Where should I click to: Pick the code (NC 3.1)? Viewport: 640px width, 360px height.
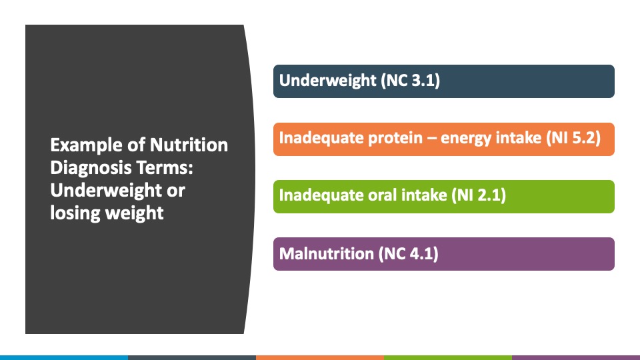(410, 81)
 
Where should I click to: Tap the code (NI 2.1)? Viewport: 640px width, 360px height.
(479, 195)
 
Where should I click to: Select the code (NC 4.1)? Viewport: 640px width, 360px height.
(408, 254)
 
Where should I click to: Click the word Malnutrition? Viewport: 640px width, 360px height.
(326, 254)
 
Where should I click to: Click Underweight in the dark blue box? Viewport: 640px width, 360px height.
(327, 81)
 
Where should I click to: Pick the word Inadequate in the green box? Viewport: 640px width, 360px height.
(321, 195)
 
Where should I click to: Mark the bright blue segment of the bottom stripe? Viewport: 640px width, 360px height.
(64, 357)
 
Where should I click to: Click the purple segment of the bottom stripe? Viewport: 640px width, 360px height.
(576, 357)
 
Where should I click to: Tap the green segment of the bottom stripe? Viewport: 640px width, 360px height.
(448, 357)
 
